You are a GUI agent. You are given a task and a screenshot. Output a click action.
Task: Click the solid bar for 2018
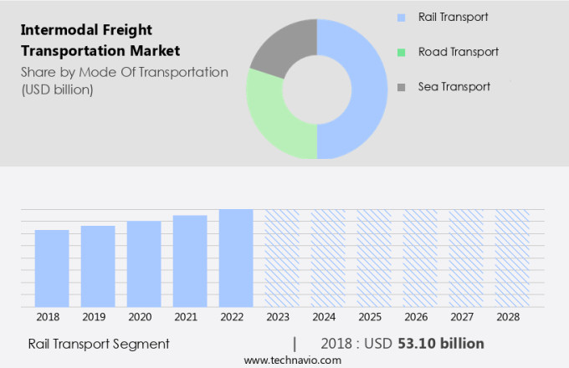(x=52, y=268)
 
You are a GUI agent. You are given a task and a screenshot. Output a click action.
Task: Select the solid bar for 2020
(x=144, y=264)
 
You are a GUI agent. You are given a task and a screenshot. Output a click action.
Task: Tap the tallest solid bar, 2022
(x=236, y=258)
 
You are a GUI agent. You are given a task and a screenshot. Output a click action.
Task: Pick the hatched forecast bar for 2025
(x=374, y=258)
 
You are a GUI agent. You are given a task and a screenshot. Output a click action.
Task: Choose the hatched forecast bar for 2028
(x=511, y=258)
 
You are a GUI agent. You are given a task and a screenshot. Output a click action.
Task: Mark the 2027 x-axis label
(x=466, y=318)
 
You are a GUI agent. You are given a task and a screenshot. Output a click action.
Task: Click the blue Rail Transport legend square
(x=402, y=17)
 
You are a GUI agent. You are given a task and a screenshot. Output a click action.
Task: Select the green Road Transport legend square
(x=402, y=52)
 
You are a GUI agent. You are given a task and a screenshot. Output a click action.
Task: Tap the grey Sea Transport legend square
(x=402, y=87)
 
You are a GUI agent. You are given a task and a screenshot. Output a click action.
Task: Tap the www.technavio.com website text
(x=293, y=360)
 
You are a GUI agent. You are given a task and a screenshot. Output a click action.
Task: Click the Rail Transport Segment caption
(x=99, y=344)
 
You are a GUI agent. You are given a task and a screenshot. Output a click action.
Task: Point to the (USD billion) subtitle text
(x=57, y=89)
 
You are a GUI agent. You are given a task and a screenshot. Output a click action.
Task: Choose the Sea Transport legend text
(x=454, y=87)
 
